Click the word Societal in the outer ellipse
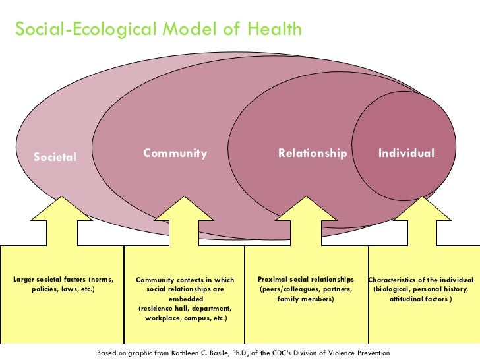tap(55, 157)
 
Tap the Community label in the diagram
tap(175, 154)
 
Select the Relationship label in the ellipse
tap(313, 154)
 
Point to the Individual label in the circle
tap(406, 153)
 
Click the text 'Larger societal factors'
tap(50, 280)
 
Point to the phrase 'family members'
tap(306, 299)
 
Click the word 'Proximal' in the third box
tap(272, 280)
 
